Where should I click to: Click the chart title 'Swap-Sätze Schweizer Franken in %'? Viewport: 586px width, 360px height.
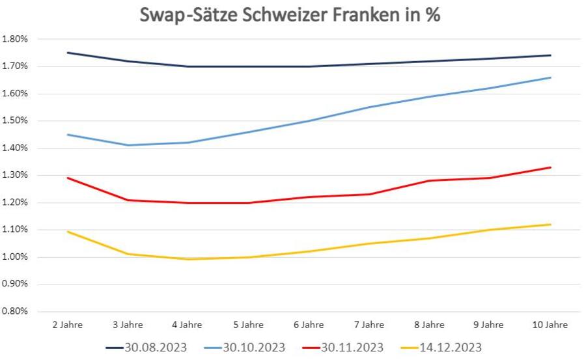[290, 15]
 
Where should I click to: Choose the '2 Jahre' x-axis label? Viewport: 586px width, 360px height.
[68, 325]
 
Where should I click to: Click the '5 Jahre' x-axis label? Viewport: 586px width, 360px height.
[248, 325]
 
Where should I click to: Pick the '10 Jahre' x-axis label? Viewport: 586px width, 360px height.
[550, 325]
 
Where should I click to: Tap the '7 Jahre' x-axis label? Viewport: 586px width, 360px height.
[369, 325]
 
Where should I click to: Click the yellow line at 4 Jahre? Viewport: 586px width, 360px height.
[188, 259]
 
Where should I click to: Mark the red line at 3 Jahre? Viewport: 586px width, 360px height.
[128, 200]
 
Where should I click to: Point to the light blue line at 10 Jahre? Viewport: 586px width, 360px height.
[551, 77]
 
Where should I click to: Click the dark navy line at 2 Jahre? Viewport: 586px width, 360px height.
[68, 53]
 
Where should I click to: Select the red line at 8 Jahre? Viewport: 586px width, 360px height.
[430, 180]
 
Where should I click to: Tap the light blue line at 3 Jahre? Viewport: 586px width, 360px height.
[128, 145]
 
